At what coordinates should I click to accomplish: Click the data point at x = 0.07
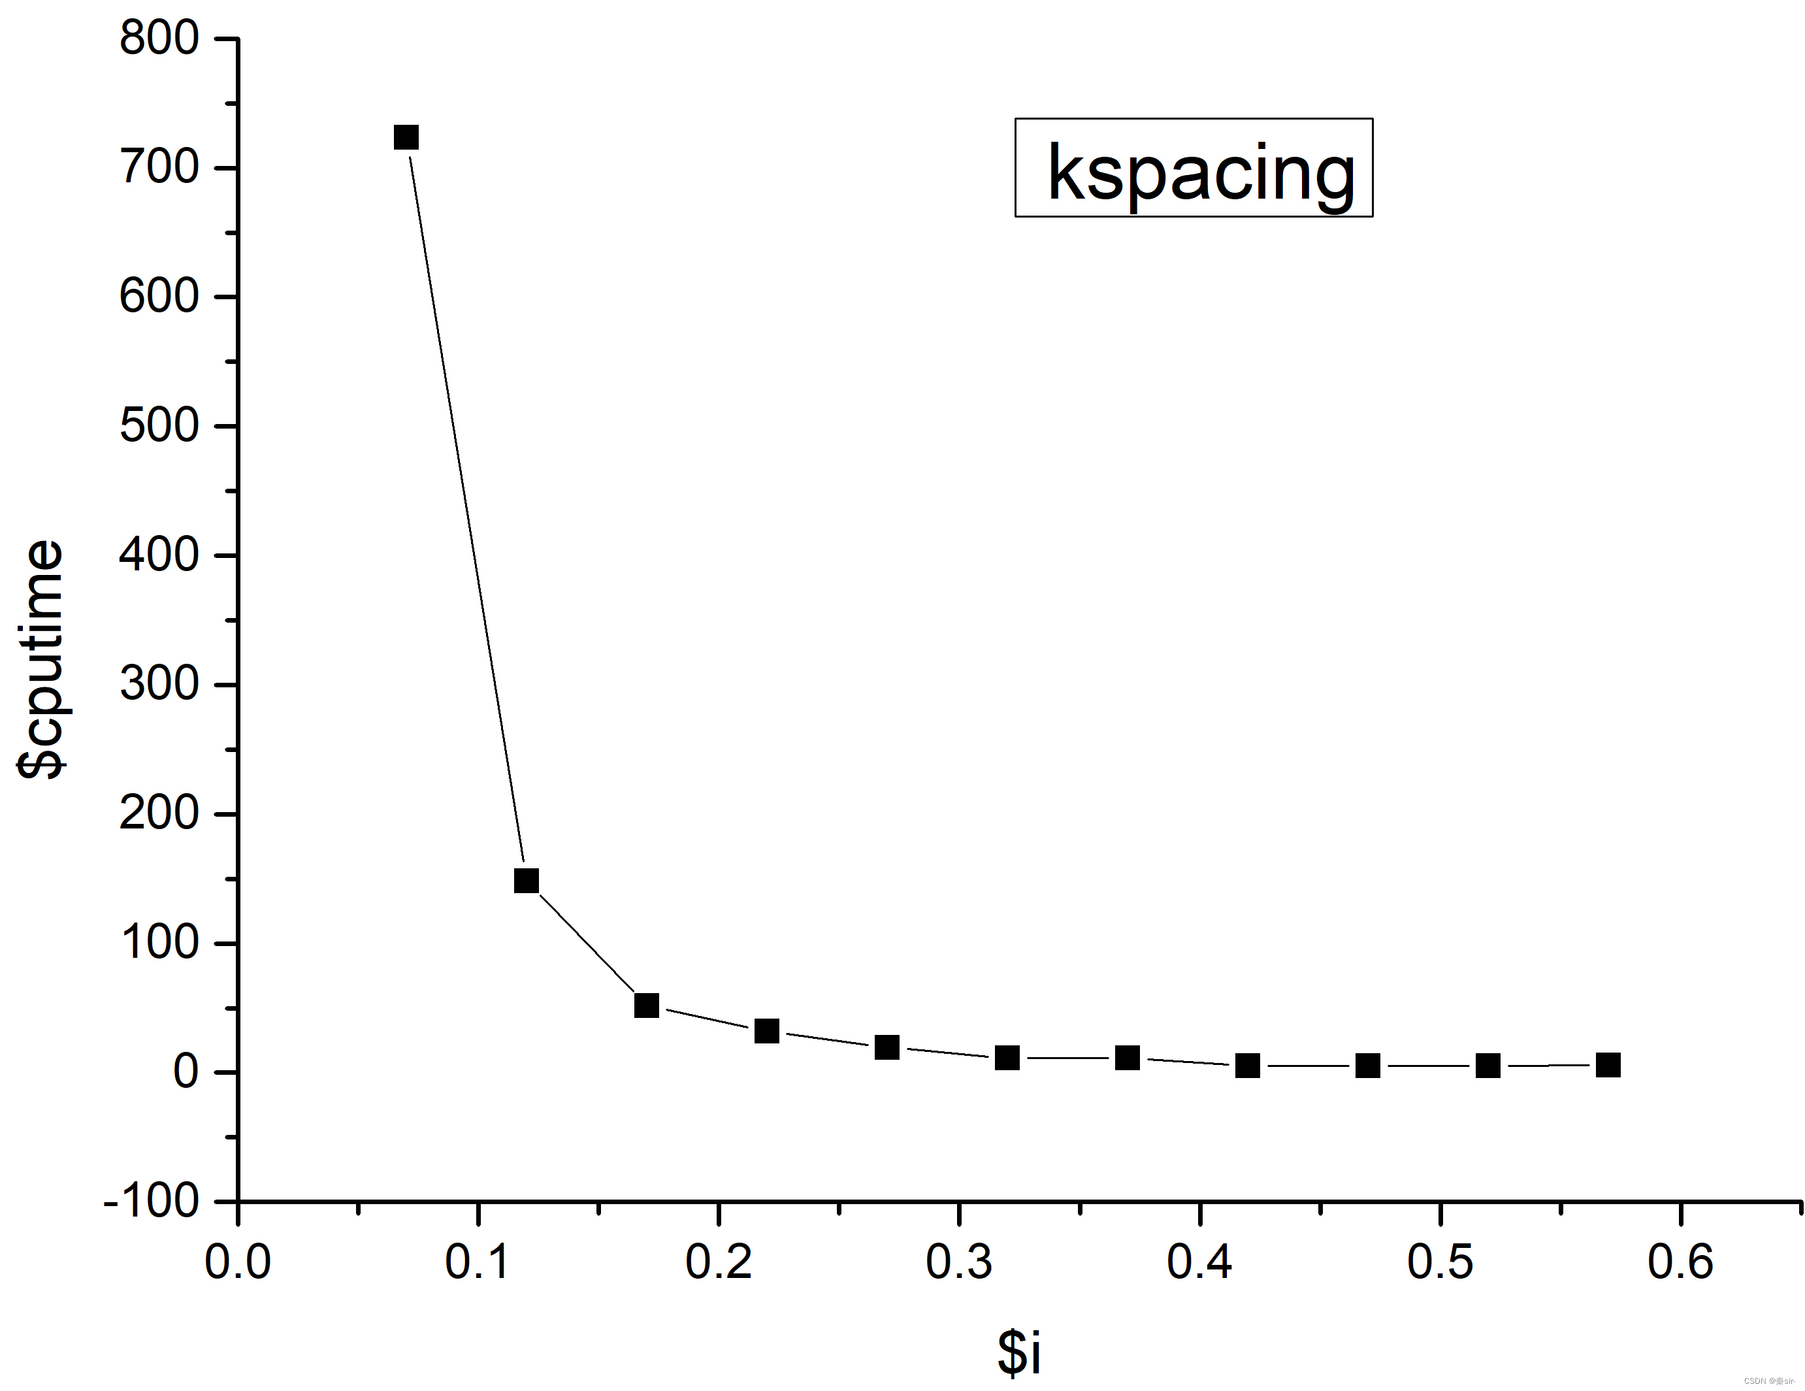[x=406, y=137]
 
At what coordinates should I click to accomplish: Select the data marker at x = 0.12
[x=527, y=880]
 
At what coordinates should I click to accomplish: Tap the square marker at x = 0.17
[x=646, y=1005]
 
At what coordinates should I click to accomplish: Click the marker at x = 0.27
[x=886, y=1047]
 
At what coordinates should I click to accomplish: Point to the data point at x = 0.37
[x=1128, y=1058]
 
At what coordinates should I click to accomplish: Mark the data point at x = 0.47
[x=1368, y=1066]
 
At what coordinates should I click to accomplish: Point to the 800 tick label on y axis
[x=159, y=39]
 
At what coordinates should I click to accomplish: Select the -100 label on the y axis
[x=152, y=1200]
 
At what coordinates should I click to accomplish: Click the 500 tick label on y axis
[x=159, y=427]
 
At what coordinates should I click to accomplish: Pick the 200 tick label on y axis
[x=159, y=814]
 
